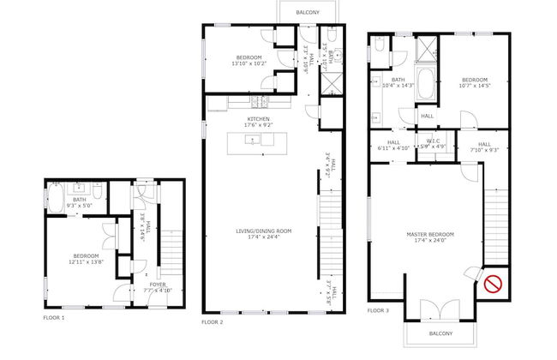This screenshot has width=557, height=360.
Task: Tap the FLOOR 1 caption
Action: [53, 318]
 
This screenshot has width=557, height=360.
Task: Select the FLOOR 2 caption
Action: [212, 322]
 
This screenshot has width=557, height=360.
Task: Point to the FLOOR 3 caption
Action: [378, 309]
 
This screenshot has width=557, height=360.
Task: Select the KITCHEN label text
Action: [259, 119]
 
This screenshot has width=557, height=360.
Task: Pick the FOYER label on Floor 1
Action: [158, 284]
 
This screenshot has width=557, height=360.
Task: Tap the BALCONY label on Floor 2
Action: [308, 13]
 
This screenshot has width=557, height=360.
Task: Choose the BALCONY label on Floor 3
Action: [442, 333]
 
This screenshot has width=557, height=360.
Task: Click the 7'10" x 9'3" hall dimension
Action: [484, 150]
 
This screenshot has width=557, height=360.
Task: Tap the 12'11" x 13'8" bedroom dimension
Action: [86, 262]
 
